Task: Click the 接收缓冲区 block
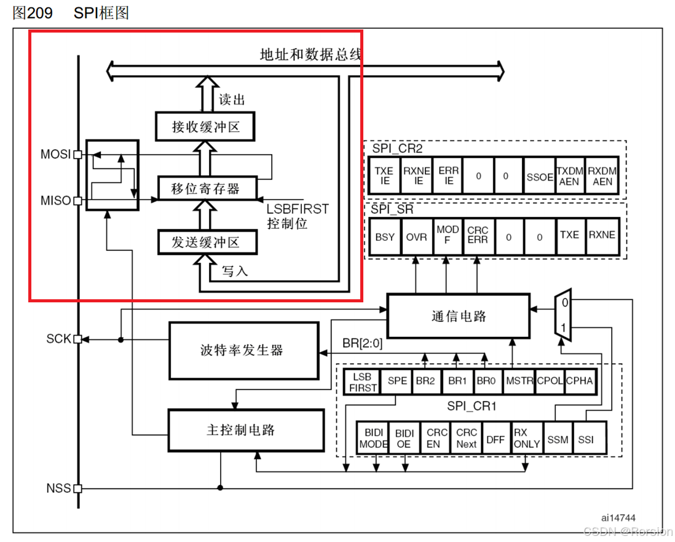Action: [x=205, y=127]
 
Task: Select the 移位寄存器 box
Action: [x=205, y=189]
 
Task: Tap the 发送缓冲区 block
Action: [x=205, y=242]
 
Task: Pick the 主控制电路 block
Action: [x=245, y=430]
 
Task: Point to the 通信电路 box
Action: [x=458, y=316]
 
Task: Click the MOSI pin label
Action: [x=55, y=154]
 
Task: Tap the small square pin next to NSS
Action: [x=77, y=489]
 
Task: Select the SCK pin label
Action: [x=59, y=339]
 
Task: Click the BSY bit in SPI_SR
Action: [x=385, y=237]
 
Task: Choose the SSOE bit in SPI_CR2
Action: [x=540, y=176]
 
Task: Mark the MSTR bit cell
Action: [x=519, y=381]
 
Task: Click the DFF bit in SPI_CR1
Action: [x=495, y=439]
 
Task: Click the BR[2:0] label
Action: [x=362, y=344]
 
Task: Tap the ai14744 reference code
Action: [x=618, y=518]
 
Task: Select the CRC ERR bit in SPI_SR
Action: [x=478, y=235]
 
